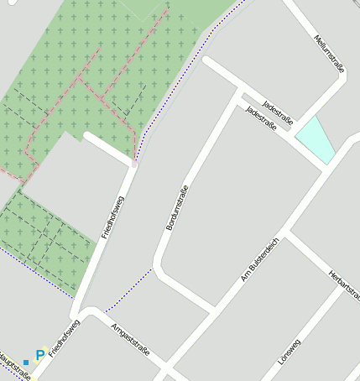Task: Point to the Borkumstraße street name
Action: tap(175, 207)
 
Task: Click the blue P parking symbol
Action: tap(39, 356)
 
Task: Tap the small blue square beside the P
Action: tap(26, 362)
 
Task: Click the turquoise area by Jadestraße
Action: tap(316, 138)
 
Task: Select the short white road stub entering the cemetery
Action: tap(107, 148)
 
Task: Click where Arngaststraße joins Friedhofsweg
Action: tap(84, 312)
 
